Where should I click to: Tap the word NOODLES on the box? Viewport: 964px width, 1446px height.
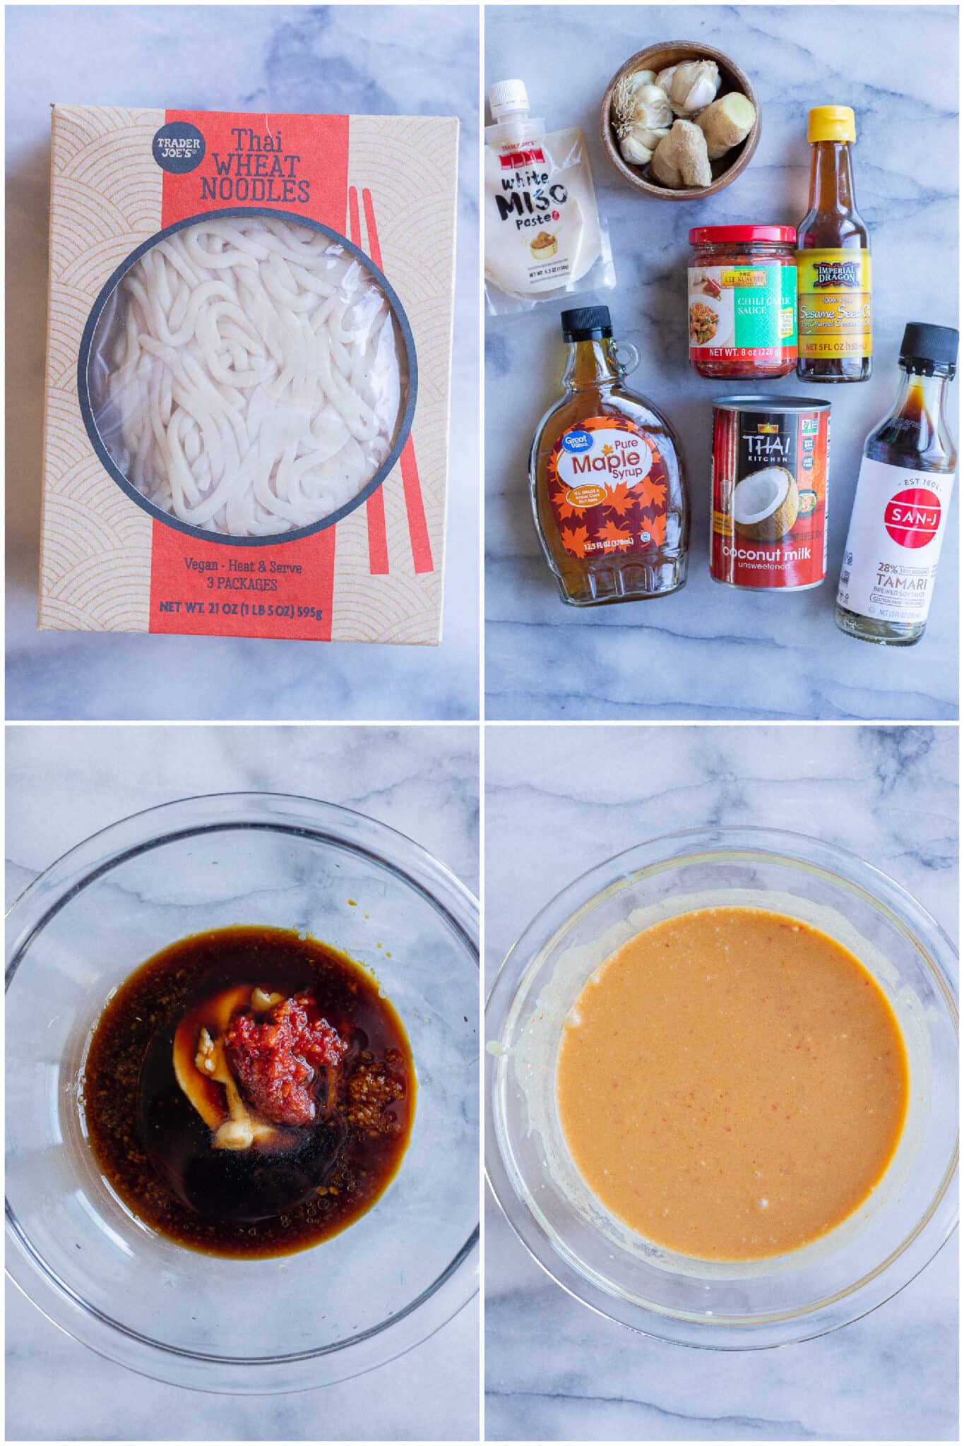(x=255, y=191)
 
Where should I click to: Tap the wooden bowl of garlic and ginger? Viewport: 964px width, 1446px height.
(x=680, y=119)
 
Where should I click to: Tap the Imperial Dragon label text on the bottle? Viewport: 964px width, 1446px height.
(x=836, y=275)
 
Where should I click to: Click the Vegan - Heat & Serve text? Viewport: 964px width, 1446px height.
(x=242, y=566)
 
